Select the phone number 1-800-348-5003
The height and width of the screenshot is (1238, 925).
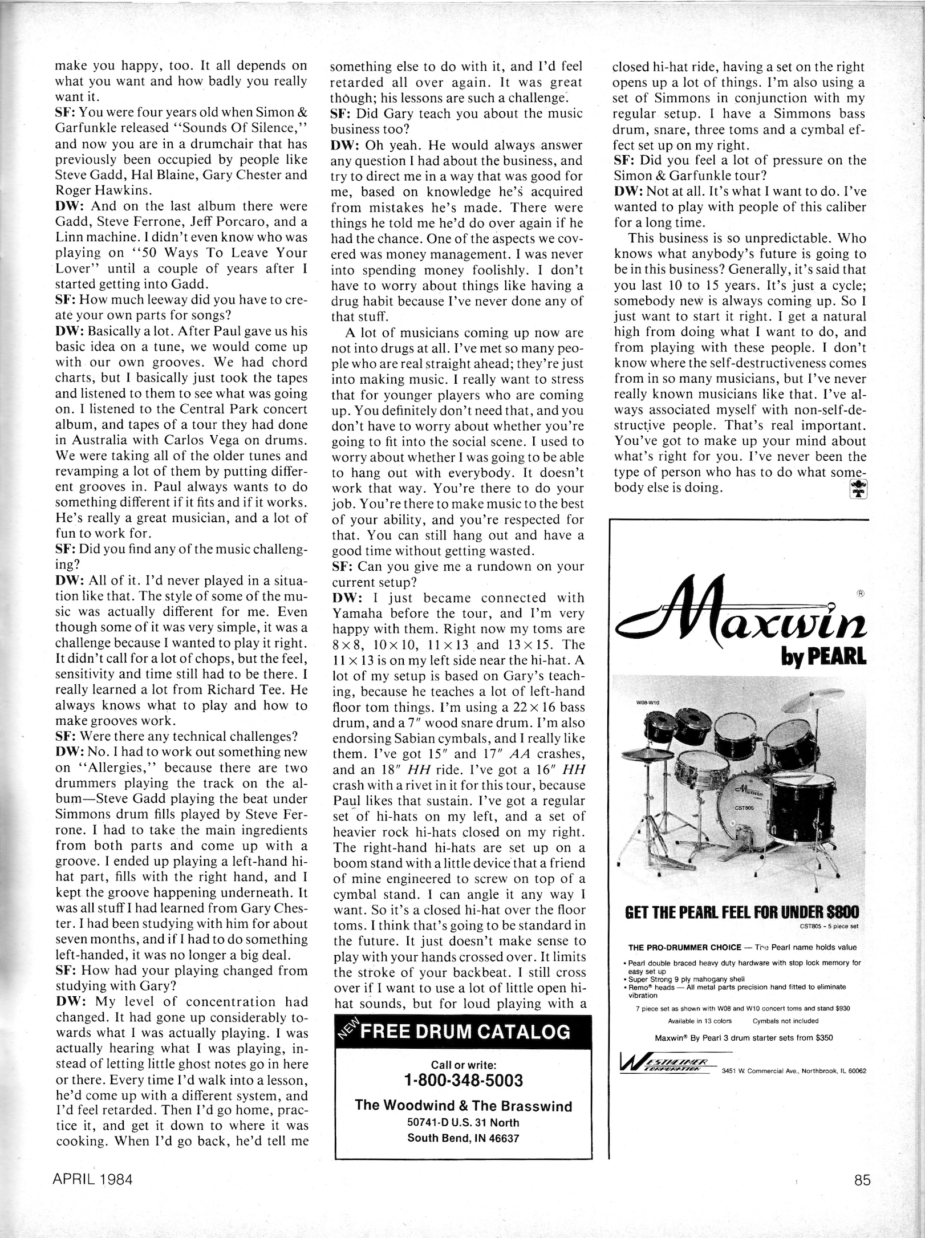click(463, 1080)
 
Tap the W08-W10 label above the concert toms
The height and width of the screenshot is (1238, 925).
click(647, 702)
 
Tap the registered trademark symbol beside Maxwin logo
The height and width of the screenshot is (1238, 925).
click(860, 592)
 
